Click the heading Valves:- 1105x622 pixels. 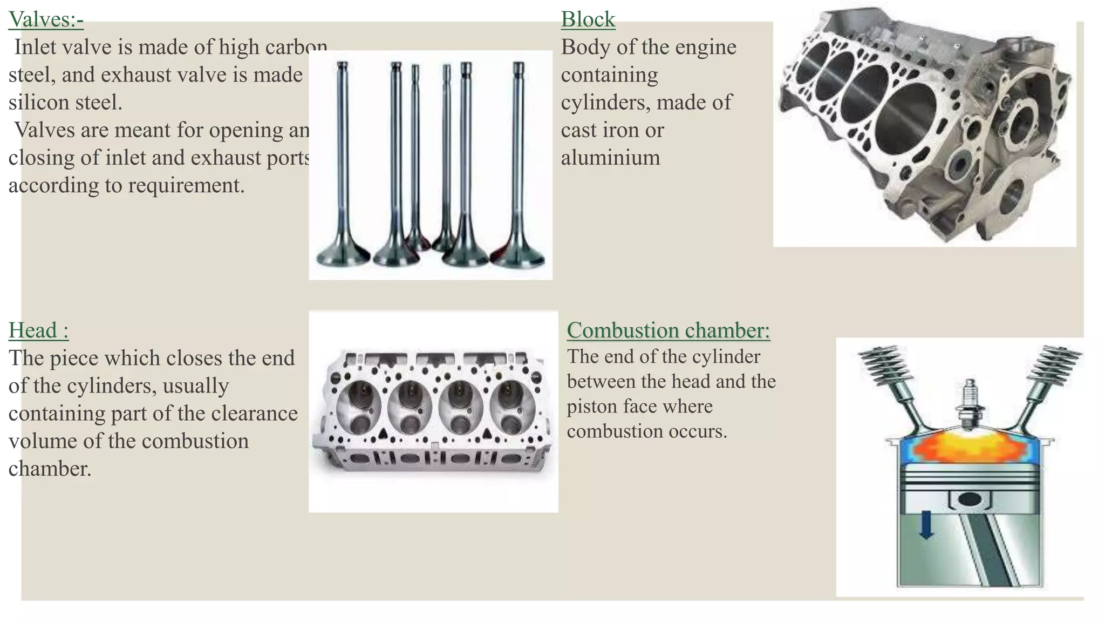point(46,19)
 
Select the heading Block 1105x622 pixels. point(588,19)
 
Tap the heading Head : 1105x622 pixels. point(38,330)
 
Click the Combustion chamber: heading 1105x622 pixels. point(668,330)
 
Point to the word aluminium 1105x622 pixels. point(610,158)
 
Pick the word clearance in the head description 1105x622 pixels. point(254,414)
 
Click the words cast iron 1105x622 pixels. point(612,130)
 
